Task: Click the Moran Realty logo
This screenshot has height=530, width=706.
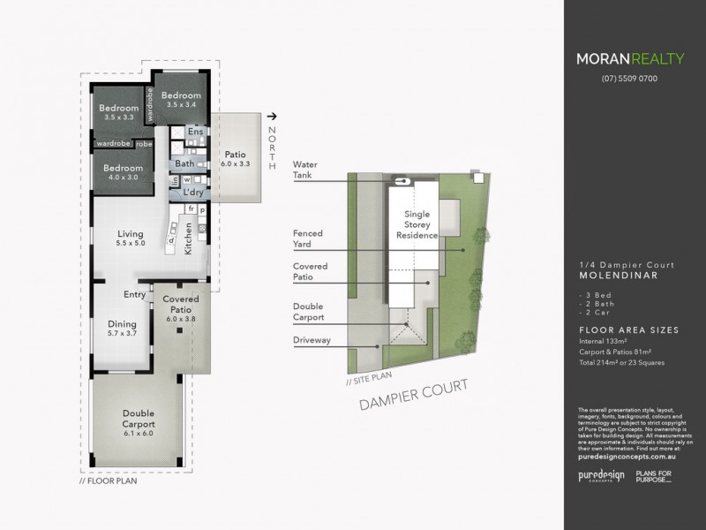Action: click(x=629, y=60)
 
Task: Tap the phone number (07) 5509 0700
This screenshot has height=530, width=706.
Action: click(x=629, y=79)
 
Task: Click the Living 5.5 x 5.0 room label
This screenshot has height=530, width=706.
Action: click(x=131, y=238)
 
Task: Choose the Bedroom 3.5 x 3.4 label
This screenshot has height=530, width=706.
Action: click(x=182, y=100)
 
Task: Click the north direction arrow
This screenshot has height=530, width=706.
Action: click(x=272, y=115)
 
